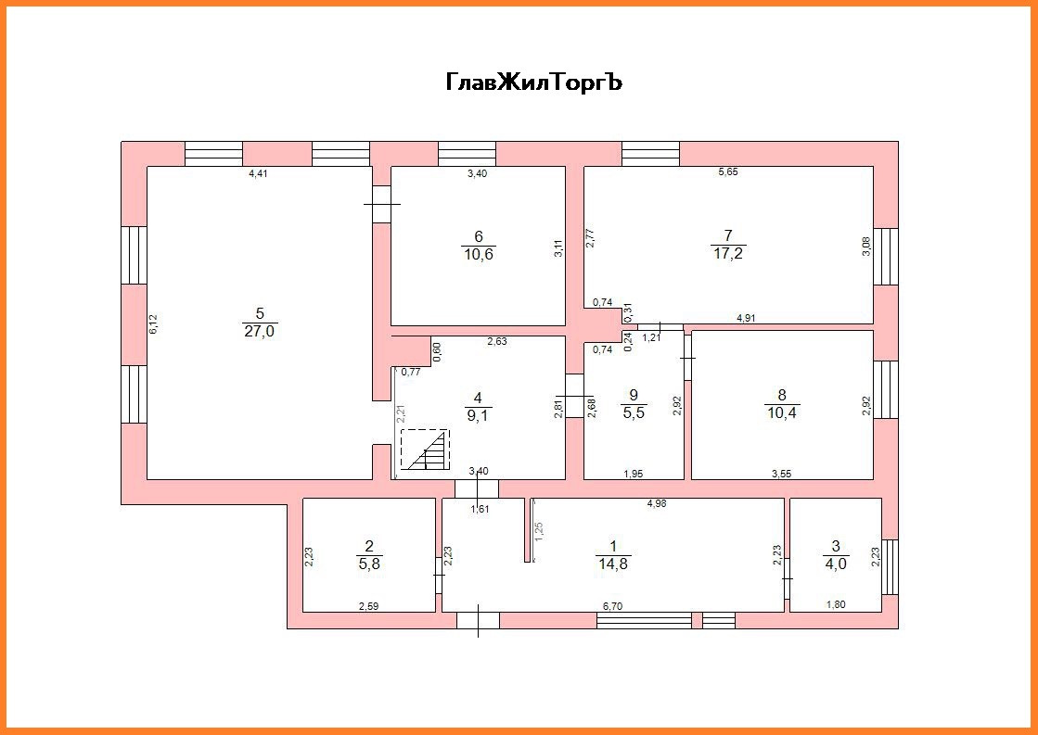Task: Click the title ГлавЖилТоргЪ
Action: coord(533,82)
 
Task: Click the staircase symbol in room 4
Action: coord(425,450)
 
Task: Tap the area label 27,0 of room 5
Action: coord(259,331)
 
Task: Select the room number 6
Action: coord(478,236)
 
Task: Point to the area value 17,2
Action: coord(728,252)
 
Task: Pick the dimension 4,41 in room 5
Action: coord(259,173)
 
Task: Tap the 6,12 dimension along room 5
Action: coord(154,323)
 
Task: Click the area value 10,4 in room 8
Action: coord(782,410)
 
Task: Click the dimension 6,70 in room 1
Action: coord(612,606)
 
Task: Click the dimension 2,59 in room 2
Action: coord(370,606)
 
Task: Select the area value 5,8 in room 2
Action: coord(369,562)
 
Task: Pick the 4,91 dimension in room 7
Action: coord(748,319)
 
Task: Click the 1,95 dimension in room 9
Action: coord(634,474)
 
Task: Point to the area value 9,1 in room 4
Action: coord(478,415)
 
